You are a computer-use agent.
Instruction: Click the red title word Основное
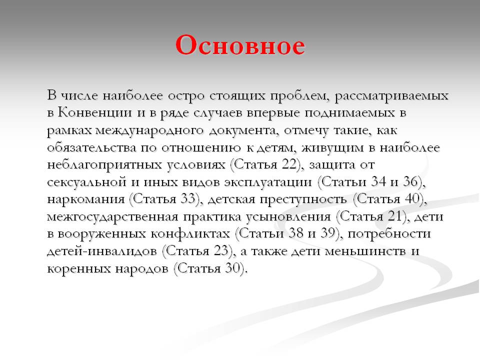coord(240,45)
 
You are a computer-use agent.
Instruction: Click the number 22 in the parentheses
coord(286,165)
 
